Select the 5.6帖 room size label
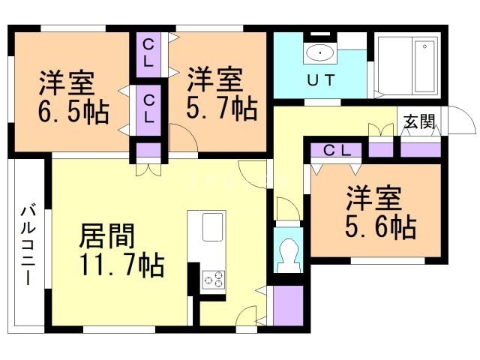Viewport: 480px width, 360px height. point(381,226)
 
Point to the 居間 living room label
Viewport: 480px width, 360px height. point(107,237)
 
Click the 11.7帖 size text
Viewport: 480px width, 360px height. point(122,265)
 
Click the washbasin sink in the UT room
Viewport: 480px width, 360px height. point(321,52)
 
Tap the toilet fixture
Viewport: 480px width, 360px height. point(288,254)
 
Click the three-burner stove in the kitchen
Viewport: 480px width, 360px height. point(212,279)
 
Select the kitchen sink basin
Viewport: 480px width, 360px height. point(212,225)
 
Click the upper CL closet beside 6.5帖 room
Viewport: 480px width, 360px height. point(148,52)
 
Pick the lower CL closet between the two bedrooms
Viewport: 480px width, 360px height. point(149,107)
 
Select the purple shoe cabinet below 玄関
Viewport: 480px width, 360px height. point(419,148)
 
